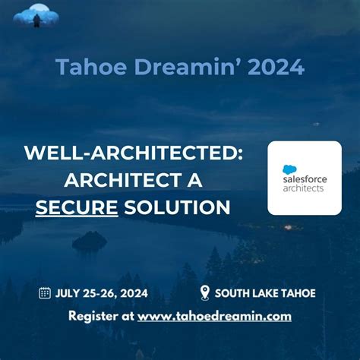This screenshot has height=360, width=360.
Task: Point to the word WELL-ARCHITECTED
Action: (x=134, y=153)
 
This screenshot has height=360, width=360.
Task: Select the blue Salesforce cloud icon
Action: (x=289, y=170)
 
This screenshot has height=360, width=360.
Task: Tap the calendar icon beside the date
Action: (x=45, y=293)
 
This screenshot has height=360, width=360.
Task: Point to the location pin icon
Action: (x=204, y=293)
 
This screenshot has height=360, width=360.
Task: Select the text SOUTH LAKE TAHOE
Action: (x=265, y=293)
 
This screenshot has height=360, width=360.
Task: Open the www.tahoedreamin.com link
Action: (x=214, y=316)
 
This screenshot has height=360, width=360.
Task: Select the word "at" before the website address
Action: (x=126, y=316)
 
